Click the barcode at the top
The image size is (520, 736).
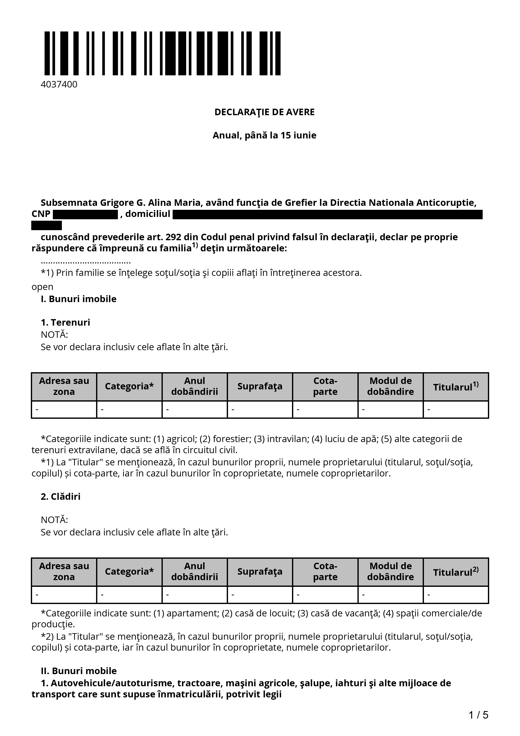click(x=162, y=53)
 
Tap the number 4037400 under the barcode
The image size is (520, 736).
click(x=59, y=85)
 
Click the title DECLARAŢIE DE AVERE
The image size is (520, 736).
click(x=264, y=112)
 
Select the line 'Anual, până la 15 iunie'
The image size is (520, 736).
click(x=264, y=135)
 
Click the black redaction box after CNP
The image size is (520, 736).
click(x=85, y=214)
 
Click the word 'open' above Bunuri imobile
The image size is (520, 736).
click(x=42, y=287)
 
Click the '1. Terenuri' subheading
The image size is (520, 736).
click(x=65, y=322)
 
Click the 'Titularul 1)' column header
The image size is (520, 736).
click(x=456, y=387)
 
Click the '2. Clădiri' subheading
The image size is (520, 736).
click(x=61, y=497)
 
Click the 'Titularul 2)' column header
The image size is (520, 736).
click(x=456, y=572)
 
